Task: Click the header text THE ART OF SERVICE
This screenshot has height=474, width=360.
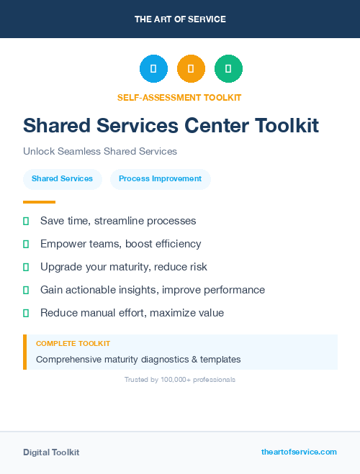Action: pos(180,19)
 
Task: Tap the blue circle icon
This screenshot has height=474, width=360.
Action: pos(153,69)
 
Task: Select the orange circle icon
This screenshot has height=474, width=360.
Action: pos(191,69)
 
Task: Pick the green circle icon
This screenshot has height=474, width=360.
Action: pos(228,69)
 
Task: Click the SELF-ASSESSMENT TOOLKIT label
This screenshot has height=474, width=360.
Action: pos(179,97)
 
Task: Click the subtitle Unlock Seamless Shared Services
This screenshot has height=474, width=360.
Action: pos(100,152)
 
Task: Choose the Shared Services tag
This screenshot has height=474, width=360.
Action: pos(62,179)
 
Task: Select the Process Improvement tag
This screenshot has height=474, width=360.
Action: pos(160,179)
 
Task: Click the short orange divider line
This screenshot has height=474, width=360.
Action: pos(39,202)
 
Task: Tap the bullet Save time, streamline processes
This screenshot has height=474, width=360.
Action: pos(118,221)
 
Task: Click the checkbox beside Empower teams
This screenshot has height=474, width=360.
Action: pos(26,244)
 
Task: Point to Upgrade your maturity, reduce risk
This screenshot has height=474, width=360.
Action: pos(123,267)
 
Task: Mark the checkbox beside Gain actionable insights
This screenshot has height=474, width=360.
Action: pos(26,290)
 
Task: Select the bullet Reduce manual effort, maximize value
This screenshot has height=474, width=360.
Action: pos(132,313)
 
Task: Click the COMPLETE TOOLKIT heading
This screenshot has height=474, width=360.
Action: pos(73,344)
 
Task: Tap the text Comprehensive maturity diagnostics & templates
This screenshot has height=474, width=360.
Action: pos(138,359)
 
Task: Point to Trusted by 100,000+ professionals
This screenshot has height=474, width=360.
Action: pos(180,379)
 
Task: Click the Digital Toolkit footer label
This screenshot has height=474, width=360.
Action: pos(51,452)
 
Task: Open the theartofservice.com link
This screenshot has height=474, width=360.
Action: pos(299,452)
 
